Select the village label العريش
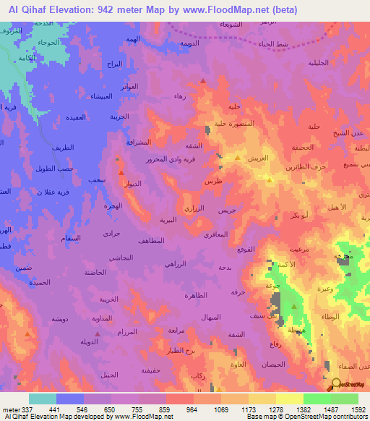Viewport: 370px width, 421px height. (259, 158)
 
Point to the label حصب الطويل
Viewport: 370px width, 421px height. (54, 168)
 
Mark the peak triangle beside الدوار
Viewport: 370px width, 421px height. (121, 172)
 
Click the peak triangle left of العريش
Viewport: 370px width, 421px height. (238, 156)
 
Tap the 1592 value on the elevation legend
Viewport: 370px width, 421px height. (358, 410)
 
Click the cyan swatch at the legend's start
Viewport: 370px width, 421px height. (43, 399)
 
